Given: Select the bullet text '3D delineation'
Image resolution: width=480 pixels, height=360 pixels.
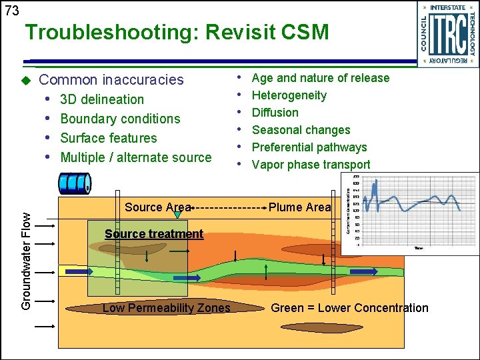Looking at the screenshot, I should coord(102,99).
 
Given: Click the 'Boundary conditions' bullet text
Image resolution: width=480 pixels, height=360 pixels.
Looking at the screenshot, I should coord(120,119).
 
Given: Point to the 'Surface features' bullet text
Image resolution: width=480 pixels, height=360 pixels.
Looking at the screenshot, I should coord(109,138).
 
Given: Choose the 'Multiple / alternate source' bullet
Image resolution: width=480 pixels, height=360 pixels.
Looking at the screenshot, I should coord(135,157).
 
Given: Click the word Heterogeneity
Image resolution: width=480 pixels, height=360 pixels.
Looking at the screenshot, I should coord(289,95).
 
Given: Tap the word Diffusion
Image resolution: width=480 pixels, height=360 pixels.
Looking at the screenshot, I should coord(275,113).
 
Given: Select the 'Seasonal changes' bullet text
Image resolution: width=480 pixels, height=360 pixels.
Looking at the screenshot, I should coord(301,130).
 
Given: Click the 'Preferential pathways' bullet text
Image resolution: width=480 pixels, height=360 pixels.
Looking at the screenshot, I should coord(309,147).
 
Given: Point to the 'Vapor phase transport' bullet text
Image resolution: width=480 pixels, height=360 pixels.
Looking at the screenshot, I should coord(311,165).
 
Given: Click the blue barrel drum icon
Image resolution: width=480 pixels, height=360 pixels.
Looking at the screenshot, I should coord(75,184).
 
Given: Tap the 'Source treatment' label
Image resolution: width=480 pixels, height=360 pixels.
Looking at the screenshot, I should coord(154,234).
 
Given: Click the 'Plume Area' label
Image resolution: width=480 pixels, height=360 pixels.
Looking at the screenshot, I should coord(299,207).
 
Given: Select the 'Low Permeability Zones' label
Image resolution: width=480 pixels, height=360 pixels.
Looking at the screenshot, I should coord(166,308).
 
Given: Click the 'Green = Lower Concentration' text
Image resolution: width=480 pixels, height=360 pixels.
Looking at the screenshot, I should coord(349,308).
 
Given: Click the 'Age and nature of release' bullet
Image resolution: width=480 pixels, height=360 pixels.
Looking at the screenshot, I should coord(320,78).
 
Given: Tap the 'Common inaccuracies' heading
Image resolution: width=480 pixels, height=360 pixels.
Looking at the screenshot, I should coord(111,80).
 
